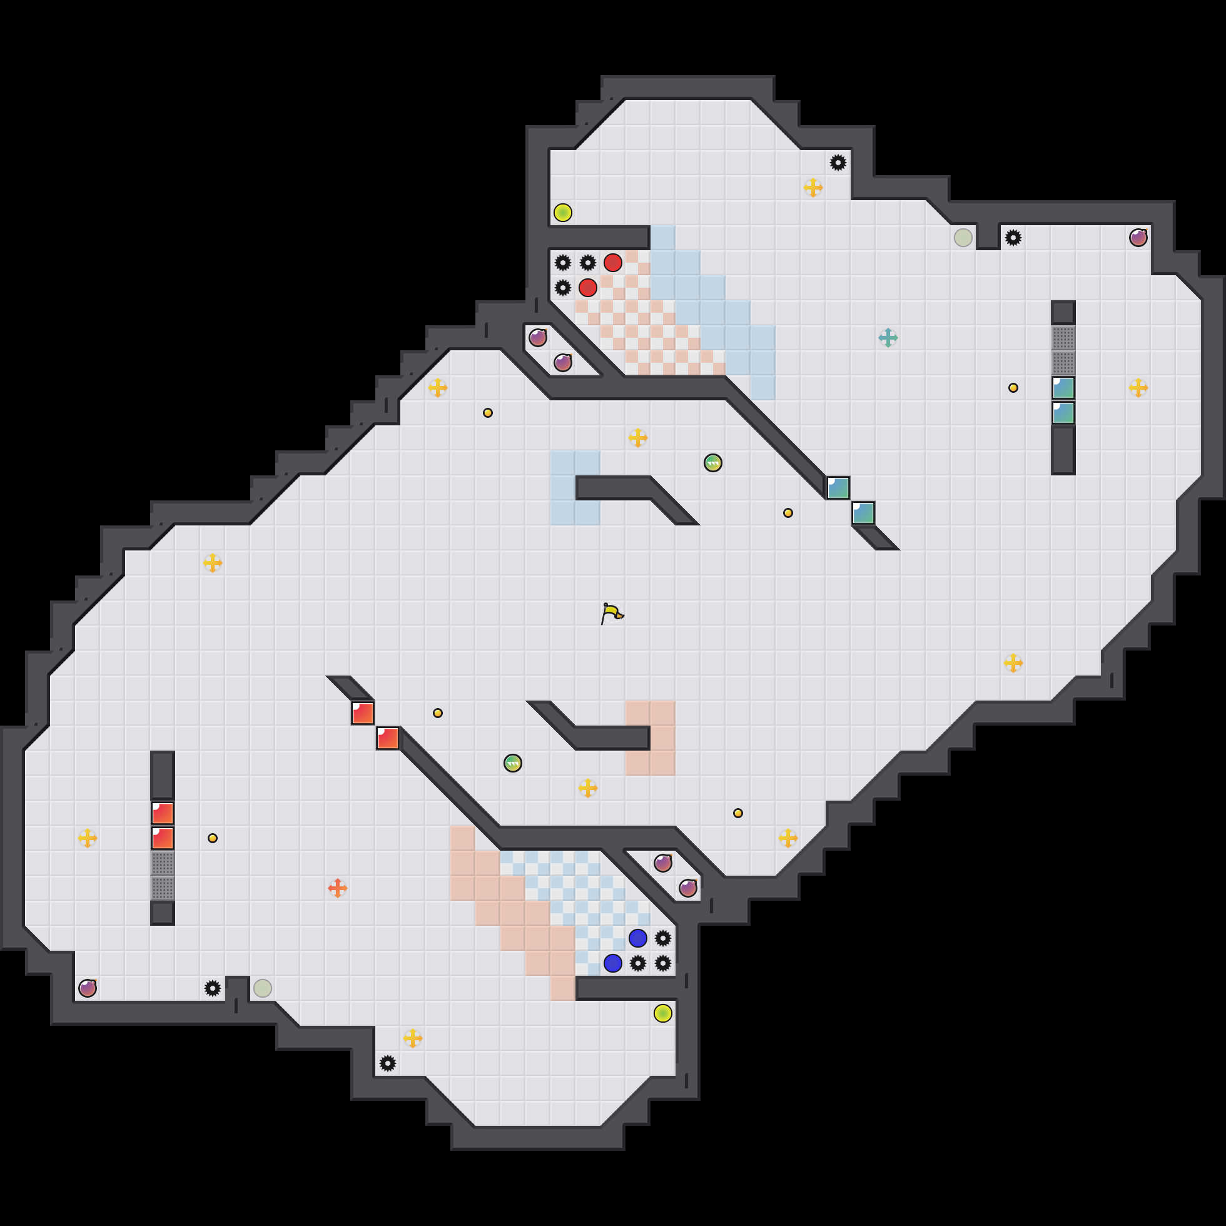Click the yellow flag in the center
tap(612, 614)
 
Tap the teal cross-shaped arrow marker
tap(888, 338)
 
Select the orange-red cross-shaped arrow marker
tap(338, 888)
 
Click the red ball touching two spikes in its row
tap(612, 263)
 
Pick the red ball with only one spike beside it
tap(587, 288)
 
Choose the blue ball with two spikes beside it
tap(612, 963)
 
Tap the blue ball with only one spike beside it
tap(638, 938)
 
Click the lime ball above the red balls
tap(563, 213)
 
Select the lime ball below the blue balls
tap(662, 1013)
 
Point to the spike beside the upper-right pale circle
tap(1013, 238)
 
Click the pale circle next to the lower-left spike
tap(263, 988)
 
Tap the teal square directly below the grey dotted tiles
tap(1063, 388)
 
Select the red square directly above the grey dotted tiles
tap(163, 838)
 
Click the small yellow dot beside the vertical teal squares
tap(1013, 388)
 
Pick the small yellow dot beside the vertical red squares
tap(213, 838)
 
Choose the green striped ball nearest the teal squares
tap(712, 463)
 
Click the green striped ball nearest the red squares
tap(513, 762)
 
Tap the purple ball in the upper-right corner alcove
tap(1138, 238)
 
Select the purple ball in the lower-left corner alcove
tap(88, 988)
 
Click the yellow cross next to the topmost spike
tap(813, 188)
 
